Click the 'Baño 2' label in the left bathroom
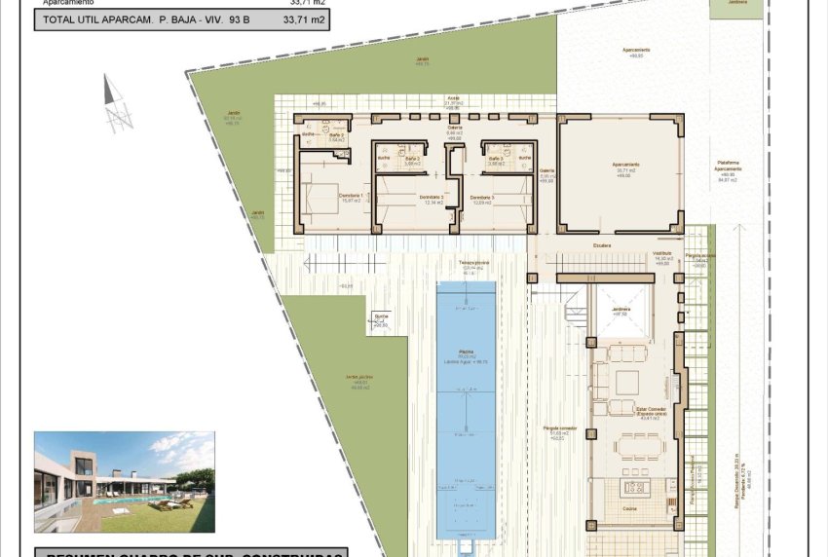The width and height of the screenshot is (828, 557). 336,136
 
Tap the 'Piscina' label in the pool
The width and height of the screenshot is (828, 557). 465,353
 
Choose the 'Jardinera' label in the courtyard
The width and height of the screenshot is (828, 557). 620,310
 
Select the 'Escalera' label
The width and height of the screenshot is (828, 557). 602,245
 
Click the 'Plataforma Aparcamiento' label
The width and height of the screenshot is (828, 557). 728,166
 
